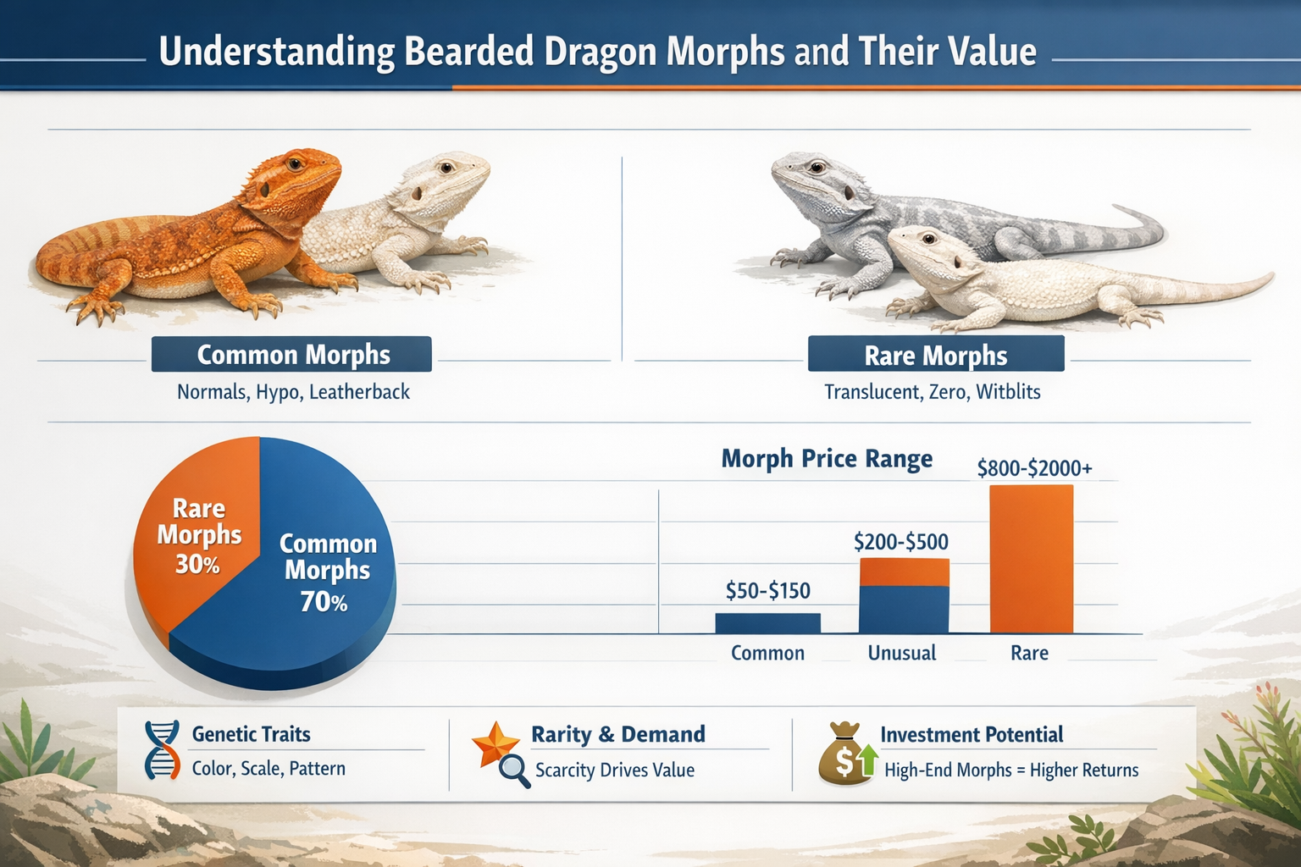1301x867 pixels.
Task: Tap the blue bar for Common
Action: (767, 623)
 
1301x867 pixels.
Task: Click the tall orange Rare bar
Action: (1031, 559)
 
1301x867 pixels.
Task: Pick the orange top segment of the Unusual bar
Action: (904, 572)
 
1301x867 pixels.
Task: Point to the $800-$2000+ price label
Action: (1034, 468)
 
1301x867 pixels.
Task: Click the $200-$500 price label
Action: (900, 542)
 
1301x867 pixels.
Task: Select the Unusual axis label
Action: (901, 653)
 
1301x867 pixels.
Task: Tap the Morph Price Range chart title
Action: (826, 459)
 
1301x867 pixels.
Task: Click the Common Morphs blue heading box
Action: (292, 355)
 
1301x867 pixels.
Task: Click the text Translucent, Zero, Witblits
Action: (932, 392)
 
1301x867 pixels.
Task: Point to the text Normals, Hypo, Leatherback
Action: (293, 392)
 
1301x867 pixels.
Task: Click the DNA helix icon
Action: (162, 750)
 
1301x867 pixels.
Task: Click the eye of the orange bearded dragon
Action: (295, 163)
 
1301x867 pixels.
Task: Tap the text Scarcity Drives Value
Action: (614, 770)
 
